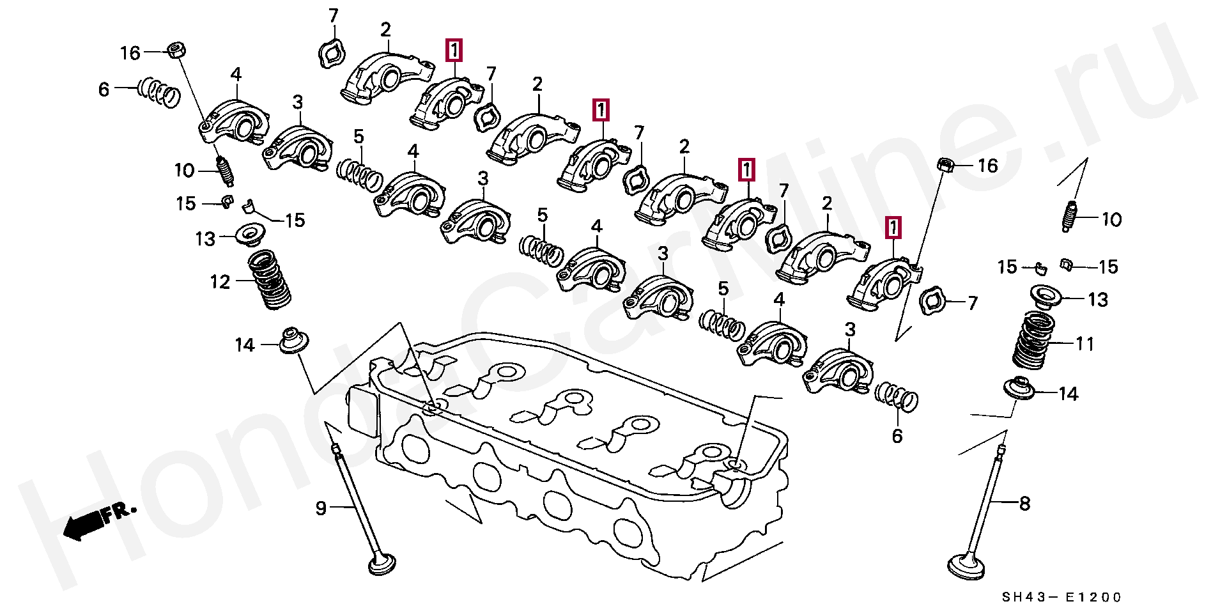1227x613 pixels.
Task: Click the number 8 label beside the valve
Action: [1024, 504]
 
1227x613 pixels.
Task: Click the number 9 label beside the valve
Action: [321, 508]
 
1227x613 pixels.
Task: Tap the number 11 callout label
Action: [1085, 344]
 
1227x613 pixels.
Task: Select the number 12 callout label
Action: [220, 282]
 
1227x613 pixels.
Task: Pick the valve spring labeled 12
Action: [269, 279]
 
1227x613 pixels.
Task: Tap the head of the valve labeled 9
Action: [382, 565]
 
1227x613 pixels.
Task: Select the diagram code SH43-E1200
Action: [1061, 597]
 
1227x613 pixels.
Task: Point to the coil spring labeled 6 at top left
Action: [158, 91]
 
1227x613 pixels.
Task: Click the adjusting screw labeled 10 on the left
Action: [224, 171]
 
